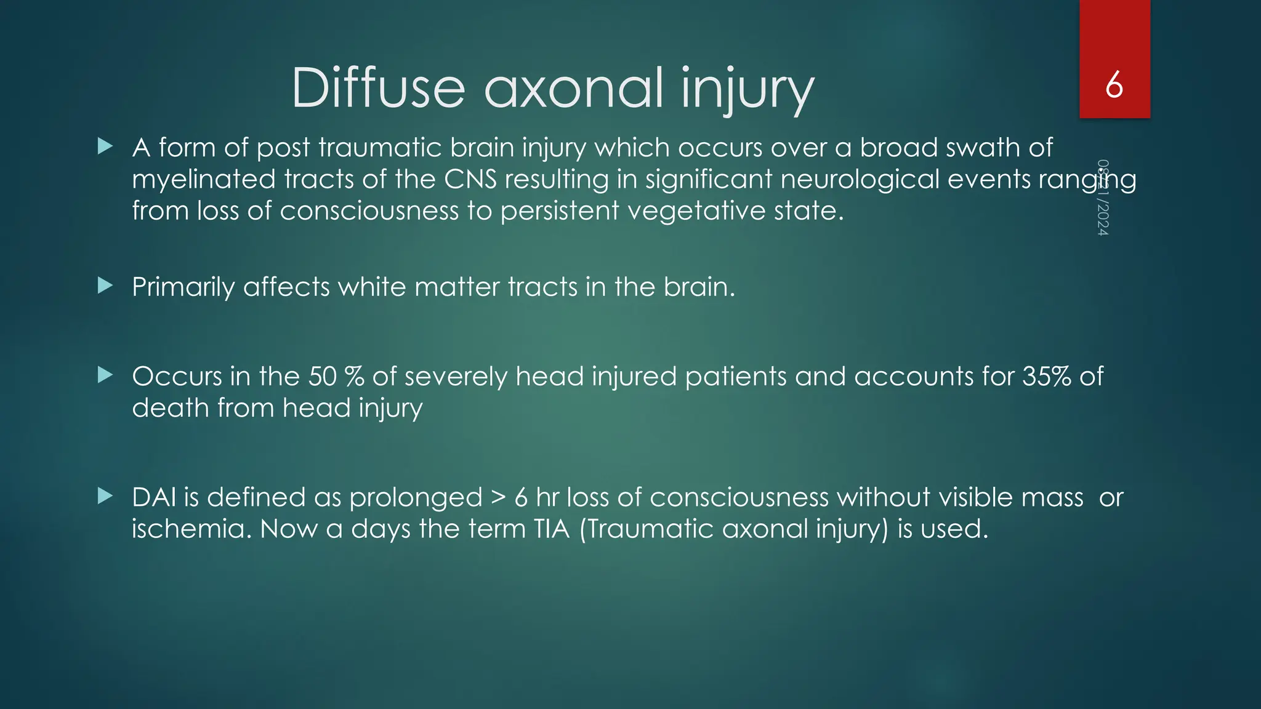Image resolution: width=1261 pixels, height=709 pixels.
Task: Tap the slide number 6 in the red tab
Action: (1114, 85)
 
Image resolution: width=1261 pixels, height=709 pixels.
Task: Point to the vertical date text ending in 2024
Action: (1103, 198)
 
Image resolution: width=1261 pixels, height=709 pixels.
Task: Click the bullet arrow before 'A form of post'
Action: (105, 146)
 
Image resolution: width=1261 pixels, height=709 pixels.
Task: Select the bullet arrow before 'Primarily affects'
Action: (105, 286)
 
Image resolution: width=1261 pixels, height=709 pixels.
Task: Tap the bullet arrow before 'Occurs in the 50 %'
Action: (105, 375)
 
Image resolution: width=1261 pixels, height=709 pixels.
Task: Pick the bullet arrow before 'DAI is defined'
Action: (105, 496)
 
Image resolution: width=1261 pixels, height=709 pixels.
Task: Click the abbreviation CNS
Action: (470, 180)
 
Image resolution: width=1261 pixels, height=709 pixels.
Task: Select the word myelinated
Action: (204, 180)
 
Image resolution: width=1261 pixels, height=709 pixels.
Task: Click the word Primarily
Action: (183, 287)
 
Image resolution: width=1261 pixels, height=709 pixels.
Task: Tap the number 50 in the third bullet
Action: (322, 376)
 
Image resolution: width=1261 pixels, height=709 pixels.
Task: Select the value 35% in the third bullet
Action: (1047, 376)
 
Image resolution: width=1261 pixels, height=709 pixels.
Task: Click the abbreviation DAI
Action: (154, 497)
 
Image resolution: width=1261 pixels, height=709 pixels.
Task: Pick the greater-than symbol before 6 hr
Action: (498, 498)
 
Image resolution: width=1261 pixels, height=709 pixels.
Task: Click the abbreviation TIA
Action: (552, 529)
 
